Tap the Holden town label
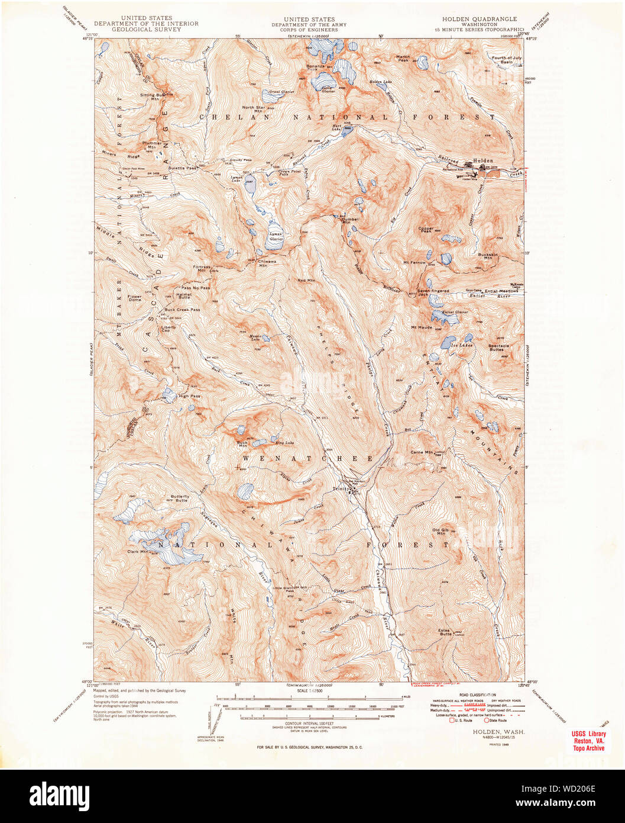coord(482,160)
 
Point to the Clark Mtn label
coord(137,551)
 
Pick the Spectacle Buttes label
coord(498,348)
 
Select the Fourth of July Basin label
coord(507,59)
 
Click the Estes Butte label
coord(444,632)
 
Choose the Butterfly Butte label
coord(180,498)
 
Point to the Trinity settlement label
coord(341,488)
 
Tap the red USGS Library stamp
coord(588,741)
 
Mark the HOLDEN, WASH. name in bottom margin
coord(490,732)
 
